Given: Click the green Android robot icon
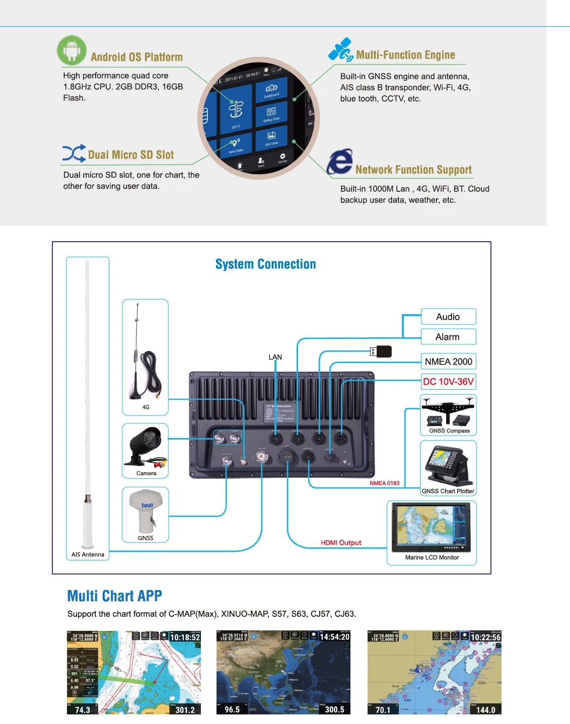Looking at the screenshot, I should click(72, 50).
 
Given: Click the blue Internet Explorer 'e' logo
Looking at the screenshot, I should click(340, 162).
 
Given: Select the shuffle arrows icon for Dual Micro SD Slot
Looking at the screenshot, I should click(74, 154).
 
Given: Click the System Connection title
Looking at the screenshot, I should click(265, 264).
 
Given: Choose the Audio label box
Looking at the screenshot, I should click(448, 317).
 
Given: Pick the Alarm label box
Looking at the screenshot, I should click(448, 337).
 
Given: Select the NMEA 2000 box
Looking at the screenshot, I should click(448, 361).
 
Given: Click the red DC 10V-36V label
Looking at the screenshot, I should click(448, 382).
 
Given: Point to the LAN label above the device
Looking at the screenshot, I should click(275, 357).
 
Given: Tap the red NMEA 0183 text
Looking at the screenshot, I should click(384, 483).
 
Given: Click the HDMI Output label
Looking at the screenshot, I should click(341, 543).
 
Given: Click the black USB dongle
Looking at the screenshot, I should click(383, 351).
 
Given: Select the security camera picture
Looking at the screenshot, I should click(146, 446).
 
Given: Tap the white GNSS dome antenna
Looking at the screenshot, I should click(146, 510).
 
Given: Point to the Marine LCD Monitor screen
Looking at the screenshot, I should click(432, 526).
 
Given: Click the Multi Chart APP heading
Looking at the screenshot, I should click(115, 596).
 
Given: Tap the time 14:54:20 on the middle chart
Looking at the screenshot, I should click(334, 637).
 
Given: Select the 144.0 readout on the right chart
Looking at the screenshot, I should click(485, 710).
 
